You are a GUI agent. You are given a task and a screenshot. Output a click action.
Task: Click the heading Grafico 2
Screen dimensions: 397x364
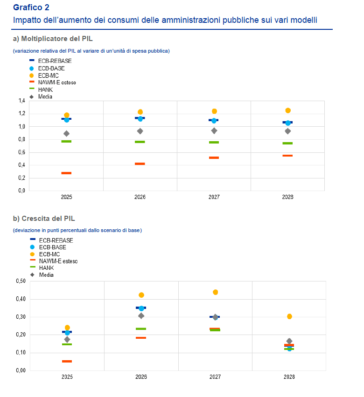[31, 7]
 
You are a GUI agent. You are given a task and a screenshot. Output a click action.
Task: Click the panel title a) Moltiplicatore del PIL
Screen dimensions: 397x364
[56, 38]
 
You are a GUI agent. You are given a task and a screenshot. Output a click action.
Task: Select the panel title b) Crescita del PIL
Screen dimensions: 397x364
[44, 218]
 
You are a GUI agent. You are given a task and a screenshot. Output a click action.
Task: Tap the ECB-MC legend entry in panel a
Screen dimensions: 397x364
[49, 75]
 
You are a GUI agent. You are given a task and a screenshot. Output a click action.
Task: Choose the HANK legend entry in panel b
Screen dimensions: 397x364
[46, 268]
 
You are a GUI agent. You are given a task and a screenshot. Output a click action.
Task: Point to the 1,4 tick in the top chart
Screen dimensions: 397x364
[21, 101]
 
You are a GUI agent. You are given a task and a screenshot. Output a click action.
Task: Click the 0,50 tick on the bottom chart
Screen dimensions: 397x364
[20, 281]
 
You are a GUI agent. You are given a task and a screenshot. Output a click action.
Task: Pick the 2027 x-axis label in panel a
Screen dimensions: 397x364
[214, 197]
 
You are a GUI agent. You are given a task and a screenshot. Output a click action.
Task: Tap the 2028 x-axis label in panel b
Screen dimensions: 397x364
[288, 377]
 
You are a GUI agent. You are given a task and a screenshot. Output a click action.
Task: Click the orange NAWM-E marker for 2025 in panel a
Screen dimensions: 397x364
[66, 173]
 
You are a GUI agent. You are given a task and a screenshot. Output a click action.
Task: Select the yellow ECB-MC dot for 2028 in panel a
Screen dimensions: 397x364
[288, 110]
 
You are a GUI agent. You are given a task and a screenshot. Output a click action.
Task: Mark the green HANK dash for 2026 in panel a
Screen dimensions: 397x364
[140, 142]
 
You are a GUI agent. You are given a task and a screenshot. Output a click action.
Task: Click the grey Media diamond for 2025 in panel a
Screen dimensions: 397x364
[66, 134]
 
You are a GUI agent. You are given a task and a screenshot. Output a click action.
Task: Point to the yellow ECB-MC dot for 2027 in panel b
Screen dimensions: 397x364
[215, 292]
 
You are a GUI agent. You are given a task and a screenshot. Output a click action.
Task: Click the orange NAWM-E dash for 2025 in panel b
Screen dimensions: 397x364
[67, 361]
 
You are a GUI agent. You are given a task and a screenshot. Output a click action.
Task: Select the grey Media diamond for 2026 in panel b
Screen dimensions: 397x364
[141, 316]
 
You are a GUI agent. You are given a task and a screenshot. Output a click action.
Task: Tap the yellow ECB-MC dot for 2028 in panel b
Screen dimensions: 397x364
[289, 316]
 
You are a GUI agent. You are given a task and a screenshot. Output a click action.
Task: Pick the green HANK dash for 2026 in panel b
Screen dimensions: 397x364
[141, 329]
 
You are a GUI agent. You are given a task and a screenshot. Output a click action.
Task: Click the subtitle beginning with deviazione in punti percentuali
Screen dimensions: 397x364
[77, 230]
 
